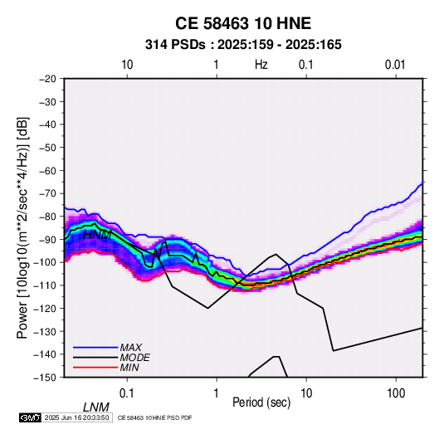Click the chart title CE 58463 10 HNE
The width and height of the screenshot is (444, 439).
point(243,23)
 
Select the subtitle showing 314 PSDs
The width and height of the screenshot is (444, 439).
point(243,45)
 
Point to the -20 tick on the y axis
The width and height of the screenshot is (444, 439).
point(47,79)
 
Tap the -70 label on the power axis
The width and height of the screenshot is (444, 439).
point(47,193)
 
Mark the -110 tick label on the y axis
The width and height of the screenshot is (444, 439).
point(46,285)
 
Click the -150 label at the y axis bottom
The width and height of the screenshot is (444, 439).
point(46,378)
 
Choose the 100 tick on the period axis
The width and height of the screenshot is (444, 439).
point(396,393)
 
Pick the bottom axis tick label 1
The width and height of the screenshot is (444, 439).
point(216,393)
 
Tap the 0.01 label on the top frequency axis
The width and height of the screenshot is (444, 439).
point(395,65)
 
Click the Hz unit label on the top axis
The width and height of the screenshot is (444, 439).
point(261,65)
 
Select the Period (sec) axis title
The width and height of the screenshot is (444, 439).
point(261,402)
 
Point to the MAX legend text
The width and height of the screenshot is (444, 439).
point(130,347)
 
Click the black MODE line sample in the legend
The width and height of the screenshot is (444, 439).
point(95,358)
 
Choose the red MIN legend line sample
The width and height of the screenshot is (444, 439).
point(95,368)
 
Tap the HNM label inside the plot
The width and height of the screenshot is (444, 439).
point(97,235)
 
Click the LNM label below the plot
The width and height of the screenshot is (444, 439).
point(95,407)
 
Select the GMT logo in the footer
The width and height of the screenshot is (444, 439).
point(31,417)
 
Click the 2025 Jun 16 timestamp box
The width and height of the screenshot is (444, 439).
point(76,417)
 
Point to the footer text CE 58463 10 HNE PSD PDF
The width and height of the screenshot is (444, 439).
point(154,417)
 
